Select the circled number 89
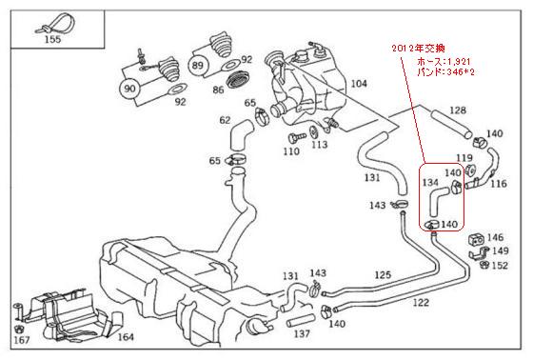coord(199,66)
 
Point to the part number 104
coord(358,85)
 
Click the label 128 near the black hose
coord(458,111)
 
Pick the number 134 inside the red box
coord(430,181)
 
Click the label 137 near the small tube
coord(303,334)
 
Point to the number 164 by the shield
coord(126,335)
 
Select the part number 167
coord(20,338)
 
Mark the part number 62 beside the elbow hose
coord(225,121)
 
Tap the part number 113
coord(319,145)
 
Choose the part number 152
coord(500,266)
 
